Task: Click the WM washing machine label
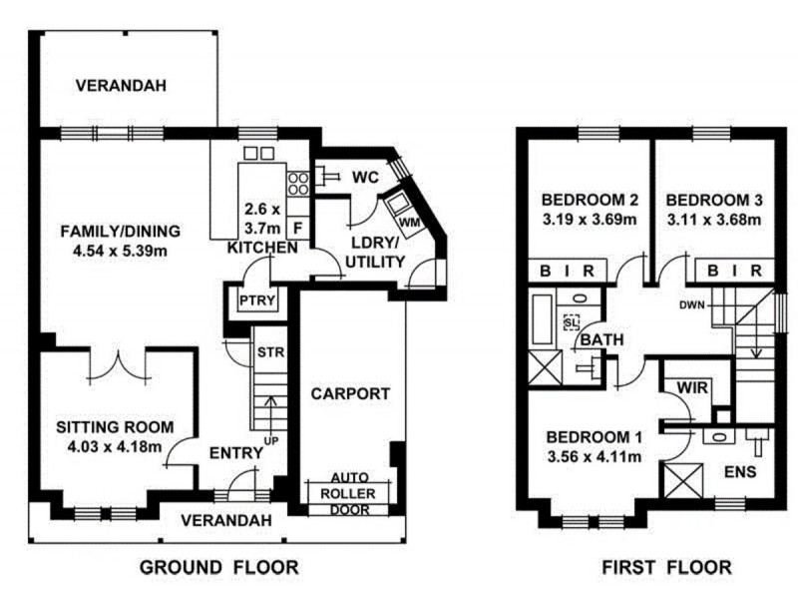[410, 223]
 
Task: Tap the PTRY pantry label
[257, 300]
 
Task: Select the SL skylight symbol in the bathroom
[572, 321]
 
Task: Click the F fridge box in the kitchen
[298, 228]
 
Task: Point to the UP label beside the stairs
[271, 440]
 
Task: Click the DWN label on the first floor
[692, 305]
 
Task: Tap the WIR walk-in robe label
[692, 387]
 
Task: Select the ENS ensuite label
[740, 471]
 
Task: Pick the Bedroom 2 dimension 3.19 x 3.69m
[590, 220]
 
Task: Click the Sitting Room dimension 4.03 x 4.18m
[115, 446]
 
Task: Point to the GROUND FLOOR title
[218, 567]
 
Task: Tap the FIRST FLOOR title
[666, 567]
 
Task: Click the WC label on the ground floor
[365, 178]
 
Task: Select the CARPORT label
[350, 393]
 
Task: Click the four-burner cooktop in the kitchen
[298, 184]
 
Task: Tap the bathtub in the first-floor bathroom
[543, 319]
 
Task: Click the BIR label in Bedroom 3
[734, 271]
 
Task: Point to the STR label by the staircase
[270, 352]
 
